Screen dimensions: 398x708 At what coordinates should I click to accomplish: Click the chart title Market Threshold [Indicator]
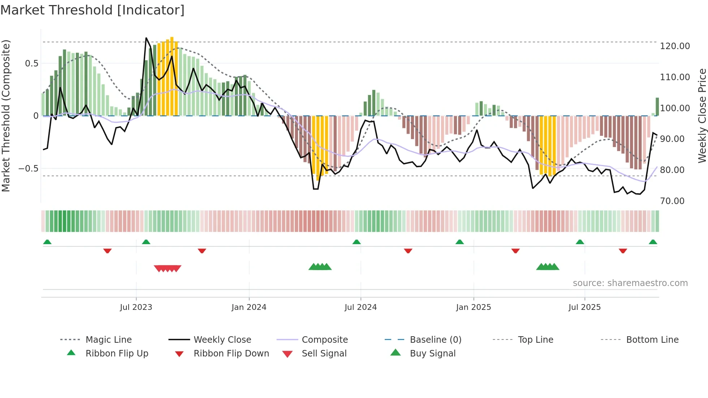[x=92, y=10]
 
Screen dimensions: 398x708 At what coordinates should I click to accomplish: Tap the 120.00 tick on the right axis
[x=675, y=46]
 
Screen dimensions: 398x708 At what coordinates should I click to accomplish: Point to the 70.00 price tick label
[x=672, y=201]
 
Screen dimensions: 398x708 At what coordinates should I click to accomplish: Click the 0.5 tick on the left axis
[x=31, y=64]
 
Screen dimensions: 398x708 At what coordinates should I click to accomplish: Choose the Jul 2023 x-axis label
[x=136, y=307]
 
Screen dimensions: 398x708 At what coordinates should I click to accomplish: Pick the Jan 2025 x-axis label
[x=473, y=307]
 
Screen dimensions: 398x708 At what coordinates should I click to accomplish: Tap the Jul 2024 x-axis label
[x=361, y=307]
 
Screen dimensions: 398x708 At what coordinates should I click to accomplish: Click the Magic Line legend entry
[x=108, y=340]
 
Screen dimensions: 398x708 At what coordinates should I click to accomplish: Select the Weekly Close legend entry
[x=222, y=340]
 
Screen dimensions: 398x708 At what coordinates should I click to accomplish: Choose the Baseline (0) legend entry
[x=435, y=340]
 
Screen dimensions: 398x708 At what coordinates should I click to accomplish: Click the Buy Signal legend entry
[x=432, y=354]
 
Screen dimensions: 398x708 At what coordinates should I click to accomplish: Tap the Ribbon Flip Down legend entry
[x=231, y=354]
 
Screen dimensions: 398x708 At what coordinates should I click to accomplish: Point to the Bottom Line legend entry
[x=652, y=340]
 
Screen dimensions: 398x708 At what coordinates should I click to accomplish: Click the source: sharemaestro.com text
[x=630, y=283]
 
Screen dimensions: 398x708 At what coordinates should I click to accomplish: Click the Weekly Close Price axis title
[x=702, y=116]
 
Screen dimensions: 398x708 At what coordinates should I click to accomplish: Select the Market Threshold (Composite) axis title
[x=6, y=116]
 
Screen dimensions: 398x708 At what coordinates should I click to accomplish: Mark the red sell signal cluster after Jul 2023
[x=168, y=268]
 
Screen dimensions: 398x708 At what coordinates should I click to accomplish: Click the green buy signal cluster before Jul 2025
[x=548, y=267]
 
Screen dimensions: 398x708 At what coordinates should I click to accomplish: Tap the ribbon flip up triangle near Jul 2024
[x=357, y=242]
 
